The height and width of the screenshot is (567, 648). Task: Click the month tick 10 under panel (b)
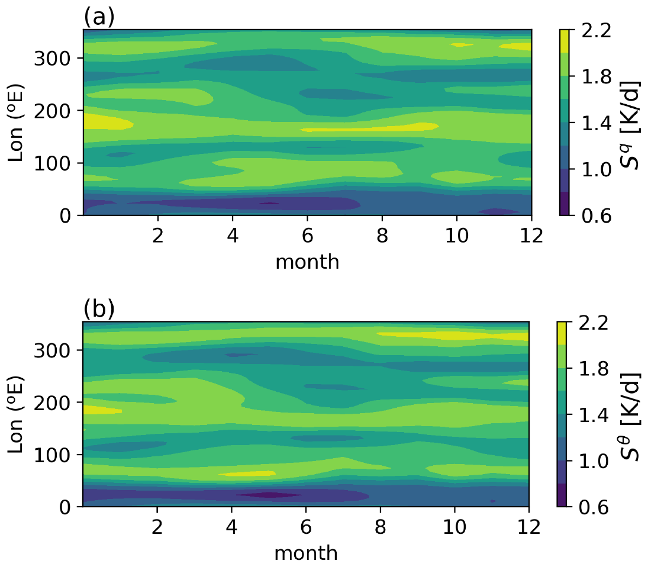454,524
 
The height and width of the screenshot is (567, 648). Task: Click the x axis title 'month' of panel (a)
308,261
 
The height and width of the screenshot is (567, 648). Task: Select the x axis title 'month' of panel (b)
306,553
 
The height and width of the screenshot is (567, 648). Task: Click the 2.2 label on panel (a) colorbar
592,31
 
